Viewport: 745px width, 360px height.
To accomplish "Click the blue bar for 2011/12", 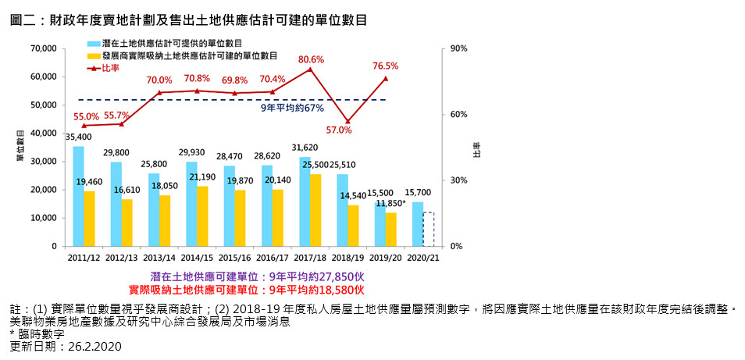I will click(79, 196).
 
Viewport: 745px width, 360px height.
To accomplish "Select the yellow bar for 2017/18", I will click(315, 210).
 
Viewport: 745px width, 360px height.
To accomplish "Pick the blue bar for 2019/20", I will click(380, 224).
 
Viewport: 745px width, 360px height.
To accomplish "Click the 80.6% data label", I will click(311, 59).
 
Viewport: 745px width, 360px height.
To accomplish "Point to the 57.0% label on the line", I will click(339, 130).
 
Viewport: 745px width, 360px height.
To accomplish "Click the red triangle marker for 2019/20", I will click(386, 78).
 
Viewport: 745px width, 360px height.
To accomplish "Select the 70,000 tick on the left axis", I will click(42, 48).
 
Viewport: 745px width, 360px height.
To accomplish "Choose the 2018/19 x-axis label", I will click(348, 257).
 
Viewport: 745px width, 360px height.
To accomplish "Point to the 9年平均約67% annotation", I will click(291, 108).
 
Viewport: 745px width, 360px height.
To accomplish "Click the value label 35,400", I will click(78, 137).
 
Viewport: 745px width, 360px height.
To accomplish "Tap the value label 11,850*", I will click(390, 203).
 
